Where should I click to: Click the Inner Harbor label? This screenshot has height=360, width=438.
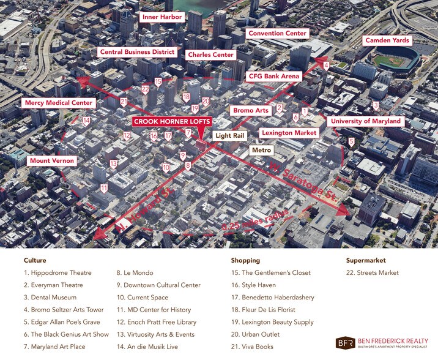click(x=162, y=17)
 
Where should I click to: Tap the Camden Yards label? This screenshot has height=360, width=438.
click(x=387, y=40)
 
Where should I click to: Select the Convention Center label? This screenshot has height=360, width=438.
click(x=277, y=33)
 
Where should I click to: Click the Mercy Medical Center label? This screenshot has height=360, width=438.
click(x=59, y=103)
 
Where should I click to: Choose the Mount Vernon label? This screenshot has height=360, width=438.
click(x=52, y=161)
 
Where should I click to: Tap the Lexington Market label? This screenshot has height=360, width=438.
click(x=289, y=132)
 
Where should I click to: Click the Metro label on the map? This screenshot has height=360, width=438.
click(x=261, y=150)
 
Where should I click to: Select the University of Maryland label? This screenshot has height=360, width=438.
click(x=366, y=121)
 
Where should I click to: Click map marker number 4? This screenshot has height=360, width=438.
click(x=326, y=66)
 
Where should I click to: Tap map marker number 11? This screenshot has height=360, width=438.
click(x=104, y=189)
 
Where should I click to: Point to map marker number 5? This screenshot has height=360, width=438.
click(x=351, y=142)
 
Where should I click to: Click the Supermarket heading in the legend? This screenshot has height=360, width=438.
click(x=366, y=260)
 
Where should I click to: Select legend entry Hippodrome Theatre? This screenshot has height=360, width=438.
click(x=58, y=273)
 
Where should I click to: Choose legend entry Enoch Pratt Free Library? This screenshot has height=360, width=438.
click(x=156, y=322)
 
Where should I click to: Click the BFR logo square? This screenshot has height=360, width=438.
click(x=345, y=343)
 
